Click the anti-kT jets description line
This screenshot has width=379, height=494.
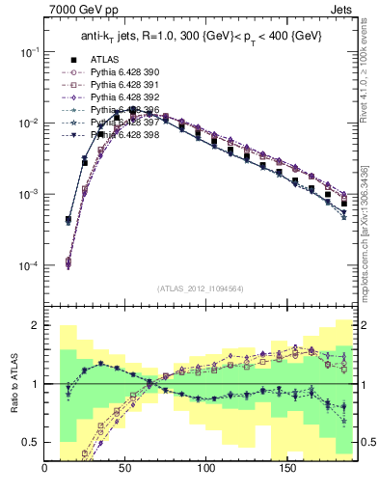click(202, 36)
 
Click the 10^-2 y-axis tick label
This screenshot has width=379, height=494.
click(29, 123)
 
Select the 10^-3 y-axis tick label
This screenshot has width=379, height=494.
click(29, 195)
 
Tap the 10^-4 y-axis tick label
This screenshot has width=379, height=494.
click(29, 266)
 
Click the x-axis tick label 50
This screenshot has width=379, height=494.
click(125, 472)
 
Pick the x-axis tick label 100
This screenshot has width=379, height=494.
click(205, 472)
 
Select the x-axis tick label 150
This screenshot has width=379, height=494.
click(285, 472)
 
